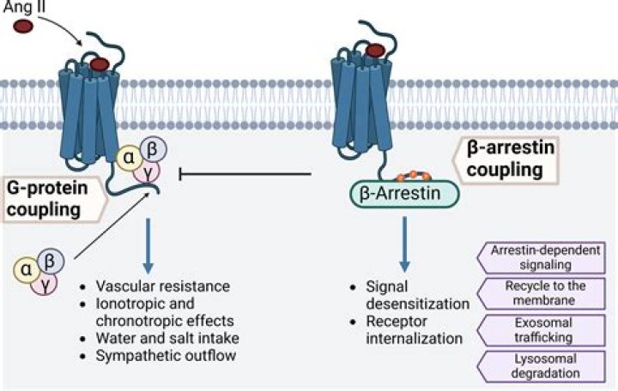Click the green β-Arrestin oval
tap(403, 194)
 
